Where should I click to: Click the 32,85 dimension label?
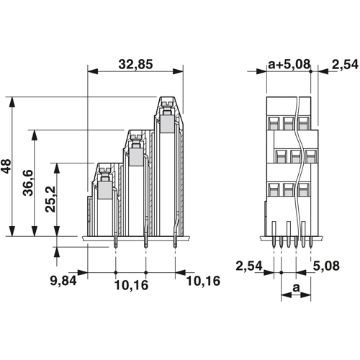(x=135, y=64)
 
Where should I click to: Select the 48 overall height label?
(x=6, y=166)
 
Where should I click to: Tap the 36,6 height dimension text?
(x=28, y=183)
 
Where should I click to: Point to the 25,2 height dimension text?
(x=50, y=199)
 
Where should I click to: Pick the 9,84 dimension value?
(x=63, y=280)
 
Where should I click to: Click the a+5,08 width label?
(x=289, y=64)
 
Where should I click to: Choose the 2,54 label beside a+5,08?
(x=345, y=65)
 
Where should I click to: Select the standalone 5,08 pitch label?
(x=326, y=266)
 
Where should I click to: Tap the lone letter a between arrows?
(x=297, y=287)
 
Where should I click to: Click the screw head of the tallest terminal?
(x=167, y=104)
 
